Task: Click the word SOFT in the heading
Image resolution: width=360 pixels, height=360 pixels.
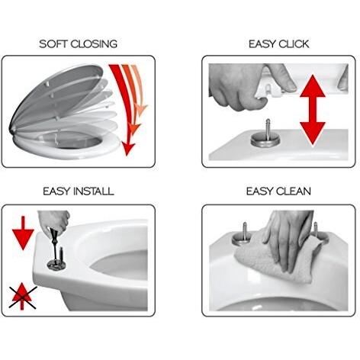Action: [53, 43]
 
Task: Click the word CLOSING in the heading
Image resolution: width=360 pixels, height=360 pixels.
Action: [94, 43]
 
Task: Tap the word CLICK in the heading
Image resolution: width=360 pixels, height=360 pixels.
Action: [294, 44]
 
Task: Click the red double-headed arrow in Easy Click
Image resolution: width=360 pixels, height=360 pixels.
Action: [313, 111]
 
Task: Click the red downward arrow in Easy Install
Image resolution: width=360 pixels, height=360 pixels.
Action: [23, 233]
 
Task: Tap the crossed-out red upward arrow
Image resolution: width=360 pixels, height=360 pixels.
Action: [23, 296]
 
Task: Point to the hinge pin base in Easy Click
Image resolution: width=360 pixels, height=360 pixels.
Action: [265, 140]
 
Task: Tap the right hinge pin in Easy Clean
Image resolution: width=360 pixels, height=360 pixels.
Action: [316, 227]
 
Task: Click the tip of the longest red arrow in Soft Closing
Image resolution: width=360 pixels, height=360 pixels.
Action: [127, 155]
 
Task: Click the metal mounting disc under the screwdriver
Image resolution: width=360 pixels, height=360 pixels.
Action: [56, 265]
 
